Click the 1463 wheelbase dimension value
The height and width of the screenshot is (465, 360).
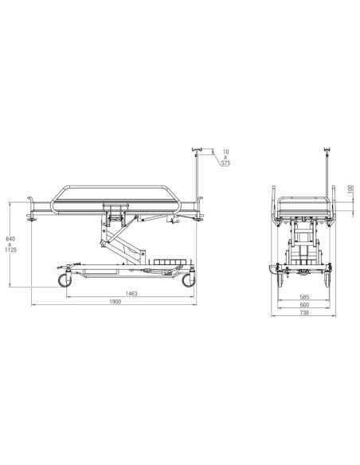(x=131, y=294)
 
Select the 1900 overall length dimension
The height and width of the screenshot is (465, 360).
(x=115, y=302)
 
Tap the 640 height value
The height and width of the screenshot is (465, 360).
(x=10, y=239)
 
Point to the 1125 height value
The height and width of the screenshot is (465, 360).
(x=10, y=250)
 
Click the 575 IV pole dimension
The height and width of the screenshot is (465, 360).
(x=225, y=162)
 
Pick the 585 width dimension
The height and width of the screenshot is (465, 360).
(x=304, y=297)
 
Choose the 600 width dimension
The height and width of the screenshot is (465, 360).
(x=304, y=305)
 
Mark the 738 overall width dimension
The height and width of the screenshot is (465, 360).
(x=304, y=313)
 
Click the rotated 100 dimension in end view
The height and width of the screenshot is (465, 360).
(x=350, y=190)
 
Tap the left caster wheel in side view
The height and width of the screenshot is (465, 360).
(x=65, y=280)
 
